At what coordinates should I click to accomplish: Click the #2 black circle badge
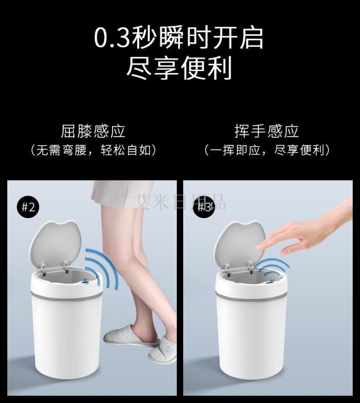pos(28,207)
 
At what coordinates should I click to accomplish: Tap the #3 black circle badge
pos(204,207)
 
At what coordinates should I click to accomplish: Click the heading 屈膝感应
pos(93,131)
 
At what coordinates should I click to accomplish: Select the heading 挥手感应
pos(266,131)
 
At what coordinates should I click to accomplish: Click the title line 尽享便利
pos(180,68)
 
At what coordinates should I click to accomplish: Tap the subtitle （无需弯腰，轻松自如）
pos(93,150)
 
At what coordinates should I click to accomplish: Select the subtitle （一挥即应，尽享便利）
pos(267,150)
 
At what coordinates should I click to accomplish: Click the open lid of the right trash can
pos(239,244)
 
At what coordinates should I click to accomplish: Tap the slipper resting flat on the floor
pos(163,349)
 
